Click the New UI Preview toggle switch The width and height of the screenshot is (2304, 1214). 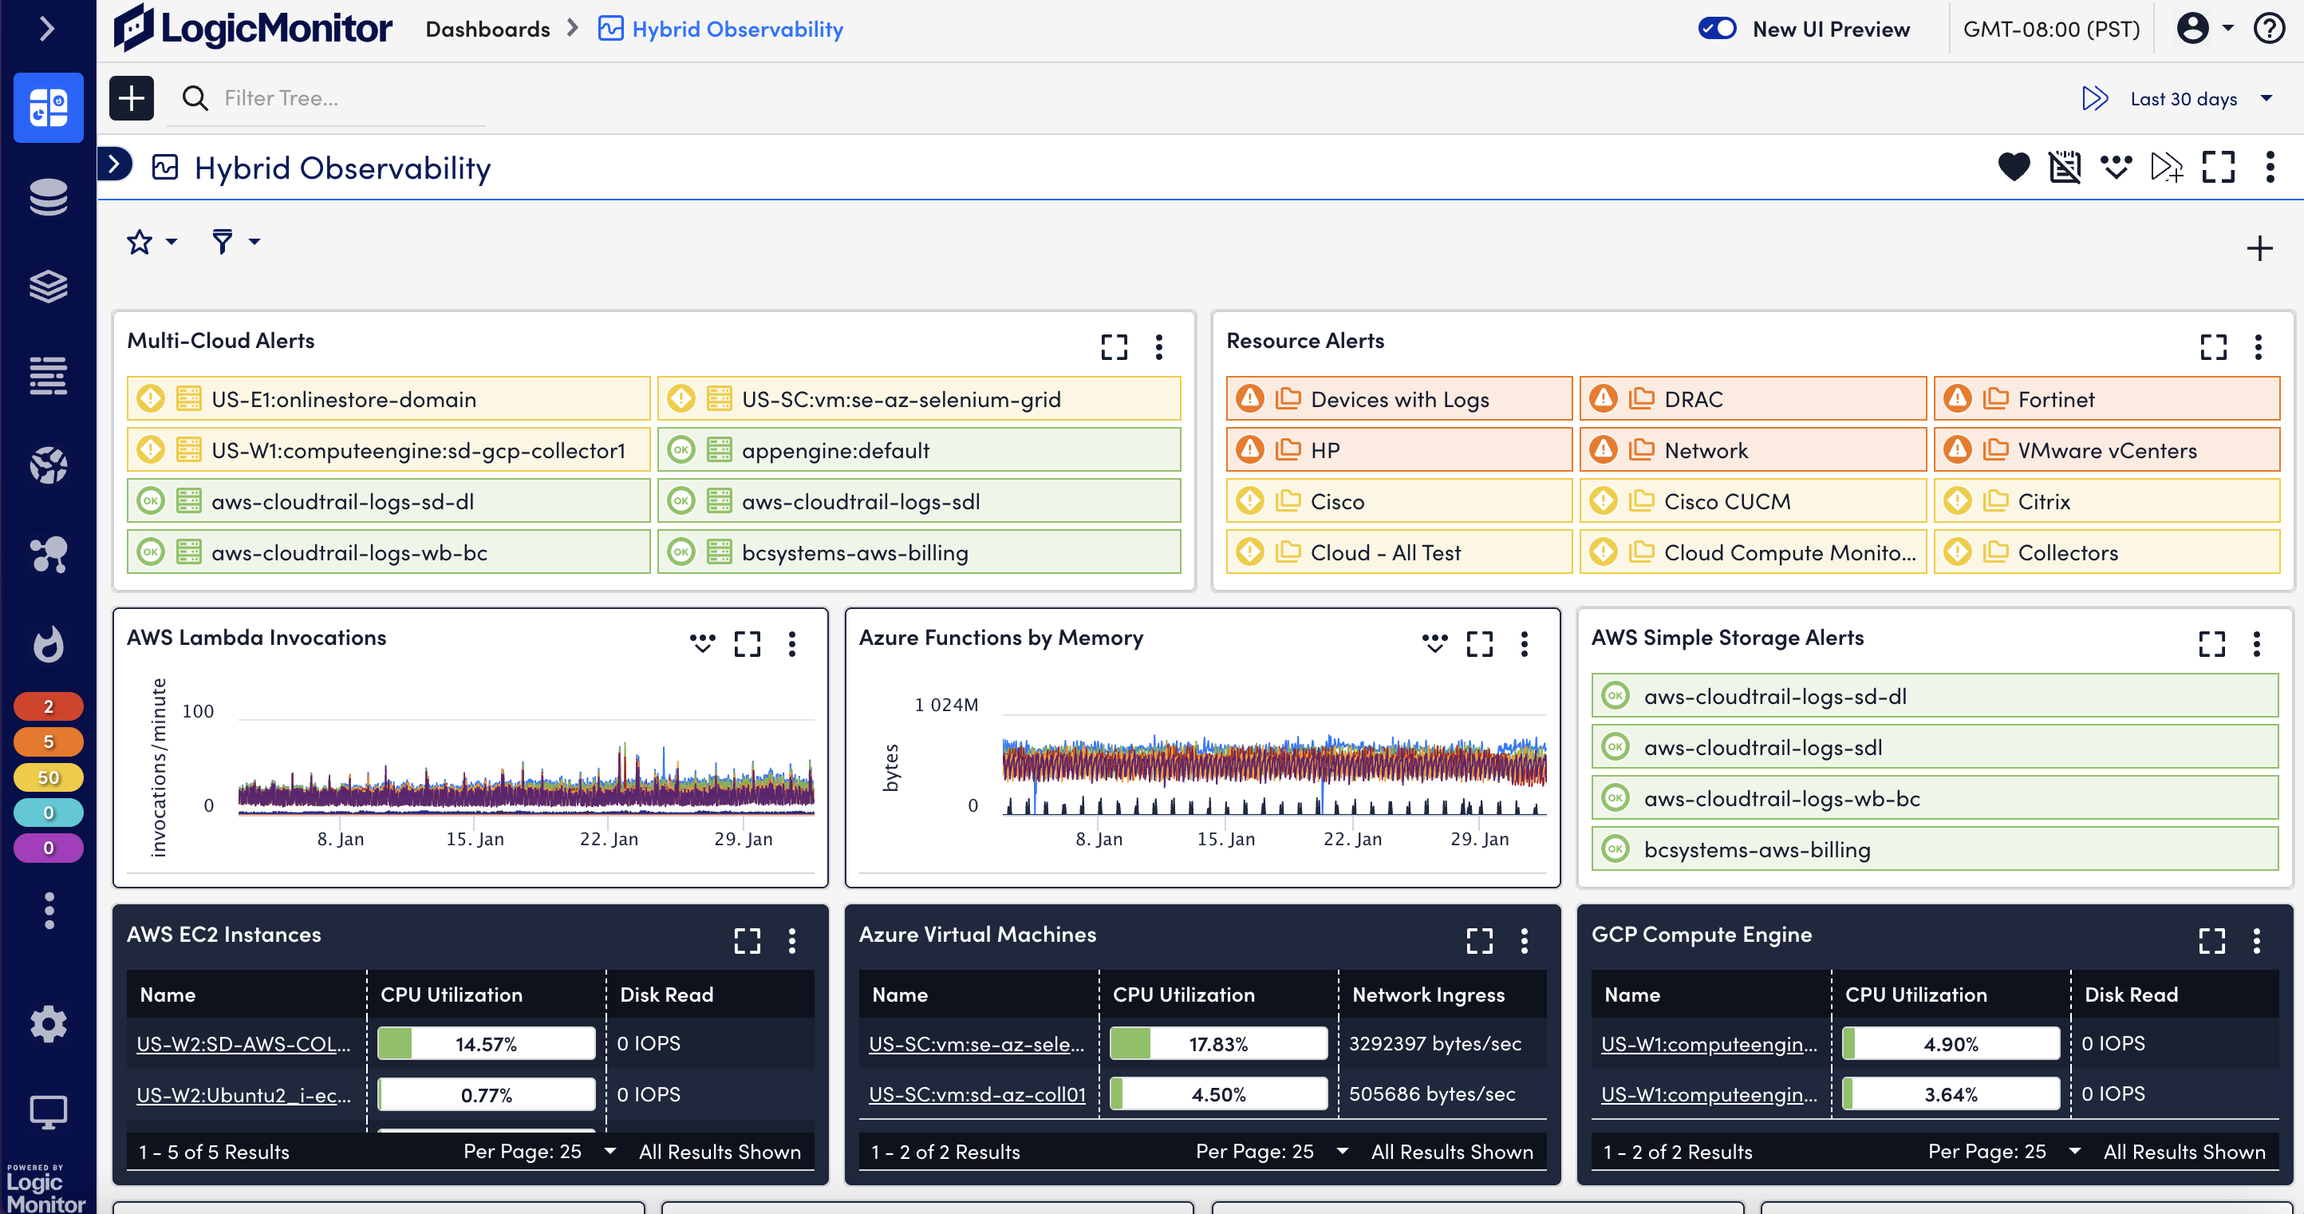(1716, 29)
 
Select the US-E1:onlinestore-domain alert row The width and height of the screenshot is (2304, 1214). (389, 399)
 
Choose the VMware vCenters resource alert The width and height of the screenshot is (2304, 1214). (2105, 450)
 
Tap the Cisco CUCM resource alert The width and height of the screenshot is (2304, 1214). (1752, 501)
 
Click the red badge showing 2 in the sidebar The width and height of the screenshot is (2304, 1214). (49, 706)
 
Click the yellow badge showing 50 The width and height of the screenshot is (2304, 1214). (49, 777)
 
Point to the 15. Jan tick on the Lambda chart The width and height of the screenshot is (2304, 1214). (475, 839)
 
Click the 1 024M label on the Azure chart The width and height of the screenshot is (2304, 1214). (945, 705)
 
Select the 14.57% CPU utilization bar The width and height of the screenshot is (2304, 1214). (486, 1044)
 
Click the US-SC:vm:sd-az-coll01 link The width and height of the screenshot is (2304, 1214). (976, 1094)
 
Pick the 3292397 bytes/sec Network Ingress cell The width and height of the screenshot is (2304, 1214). (1434, 1043)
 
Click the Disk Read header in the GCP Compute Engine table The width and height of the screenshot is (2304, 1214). (2131, 995)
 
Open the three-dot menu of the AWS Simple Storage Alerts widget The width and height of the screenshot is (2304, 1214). (2255, 644)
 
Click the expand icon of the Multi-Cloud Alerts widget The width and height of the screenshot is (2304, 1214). (1114, 347)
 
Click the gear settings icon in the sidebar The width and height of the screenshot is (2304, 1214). (49, 1024)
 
